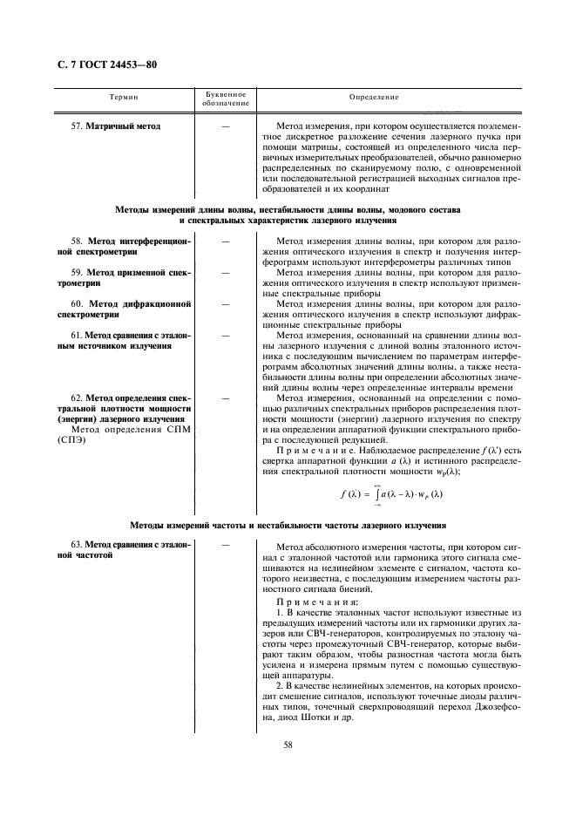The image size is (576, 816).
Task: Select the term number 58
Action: pos(76,240)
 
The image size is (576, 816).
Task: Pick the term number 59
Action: pos(76,272)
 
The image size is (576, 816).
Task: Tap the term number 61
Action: pos(76,335)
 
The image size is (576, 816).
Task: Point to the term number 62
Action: pos(76,397)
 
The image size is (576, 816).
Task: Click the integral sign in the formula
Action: pos(376,494)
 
